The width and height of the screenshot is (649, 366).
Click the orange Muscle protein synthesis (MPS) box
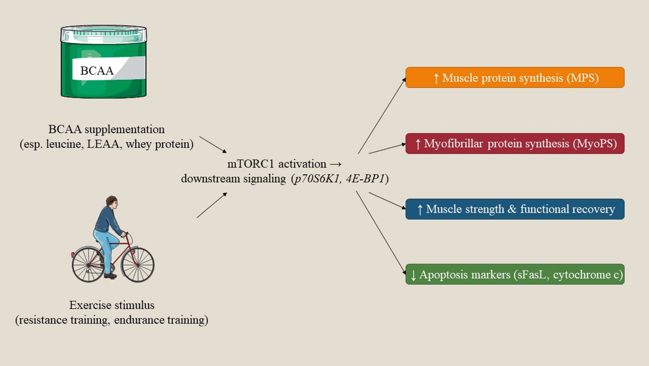point(514,77)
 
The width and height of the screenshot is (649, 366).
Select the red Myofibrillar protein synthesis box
point(514,144)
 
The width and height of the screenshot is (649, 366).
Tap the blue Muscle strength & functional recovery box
point(514,209)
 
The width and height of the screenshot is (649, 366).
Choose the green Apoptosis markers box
point(514,274)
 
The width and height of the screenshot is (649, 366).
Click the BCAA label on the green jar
point(97,71)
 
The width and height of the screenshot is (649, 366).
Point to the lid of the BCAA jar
point(103,33)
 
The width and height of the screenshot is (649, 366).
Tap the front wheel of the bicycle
point(138,265)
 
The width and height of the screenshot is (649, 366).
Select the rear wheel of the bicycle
point(88,264)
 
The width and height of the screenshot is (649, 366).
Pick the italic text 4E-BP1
point(365,178)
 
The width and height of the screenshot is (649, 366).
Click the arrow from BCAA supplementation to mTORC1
point(213,145)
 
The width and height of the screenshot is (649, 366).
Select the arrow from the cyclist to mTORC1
point(212,205)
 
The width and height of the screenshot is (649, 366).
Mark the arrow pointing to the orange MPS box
point(381,116)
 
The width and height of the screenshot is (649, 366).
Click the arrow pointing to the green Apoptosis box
point(381,232)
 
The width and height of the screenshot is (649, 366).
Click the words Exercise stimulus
point(112,305)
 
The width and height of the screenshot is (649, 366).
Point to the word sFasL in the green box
point(530,274)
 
